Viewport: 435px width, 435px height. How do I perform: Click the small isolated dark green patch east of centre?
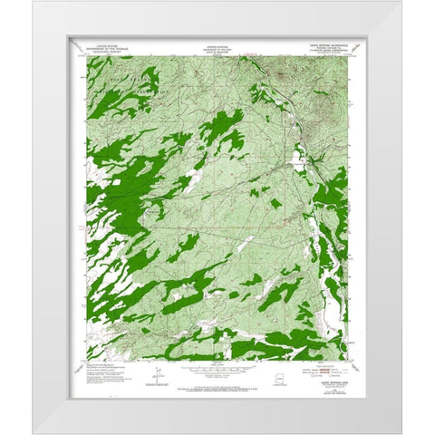coord(275,203)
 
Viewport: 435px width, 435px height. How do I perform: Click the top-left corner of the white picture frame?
coord(35,3)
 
